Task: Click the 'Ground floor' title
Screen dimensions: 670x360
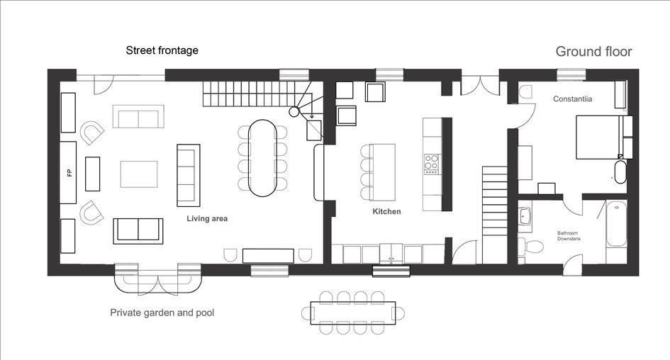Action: click(x=593, y=52)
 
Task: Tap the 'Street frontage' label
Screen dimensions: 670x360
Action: click(x=162, y=50)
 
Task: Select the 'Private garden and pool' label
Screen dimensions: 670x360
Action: click(x=162, y=313)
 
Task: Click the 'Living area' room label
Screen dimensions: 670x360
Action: click(x=207, y=219)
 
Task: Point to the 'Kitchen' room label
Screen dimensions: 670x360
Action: click(x=386, y=211)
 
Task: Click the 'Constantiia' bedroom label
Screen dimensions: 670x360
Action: click(x=573, y=99)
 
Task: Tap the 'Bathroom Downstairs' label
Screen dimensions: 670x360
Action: click(x=569, y=236)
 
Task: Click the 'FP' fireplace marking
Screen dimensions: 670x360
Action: click(x=69, y=173)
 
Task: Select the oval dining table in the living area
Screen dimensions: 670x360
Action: click(x=262, y=158)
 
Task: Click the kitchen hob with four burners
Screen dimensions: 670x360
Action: click(x=431, y=164)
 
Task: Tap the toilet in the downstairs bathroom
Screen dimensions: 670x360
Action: click(x=530, y=247)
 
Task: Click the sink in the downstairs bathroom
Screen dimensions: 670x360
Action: click(x=525, y=216)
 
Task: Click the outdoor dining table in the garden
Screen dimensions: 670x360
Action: click(x=353, y=313)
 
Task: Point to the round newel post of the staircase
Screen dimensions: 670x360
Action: click(x=294, y=112)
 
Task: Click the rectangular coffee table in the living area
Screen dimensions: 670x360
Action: click(x=139, y=174)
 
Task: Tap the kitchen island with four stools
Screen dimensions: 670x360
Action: click(x=382, y=172)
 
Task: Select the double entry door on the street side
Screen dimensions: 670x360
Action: click(x=480, y=86)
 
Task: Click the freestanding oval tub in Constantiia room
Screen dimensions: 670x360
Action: click(x=620, y=171)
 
